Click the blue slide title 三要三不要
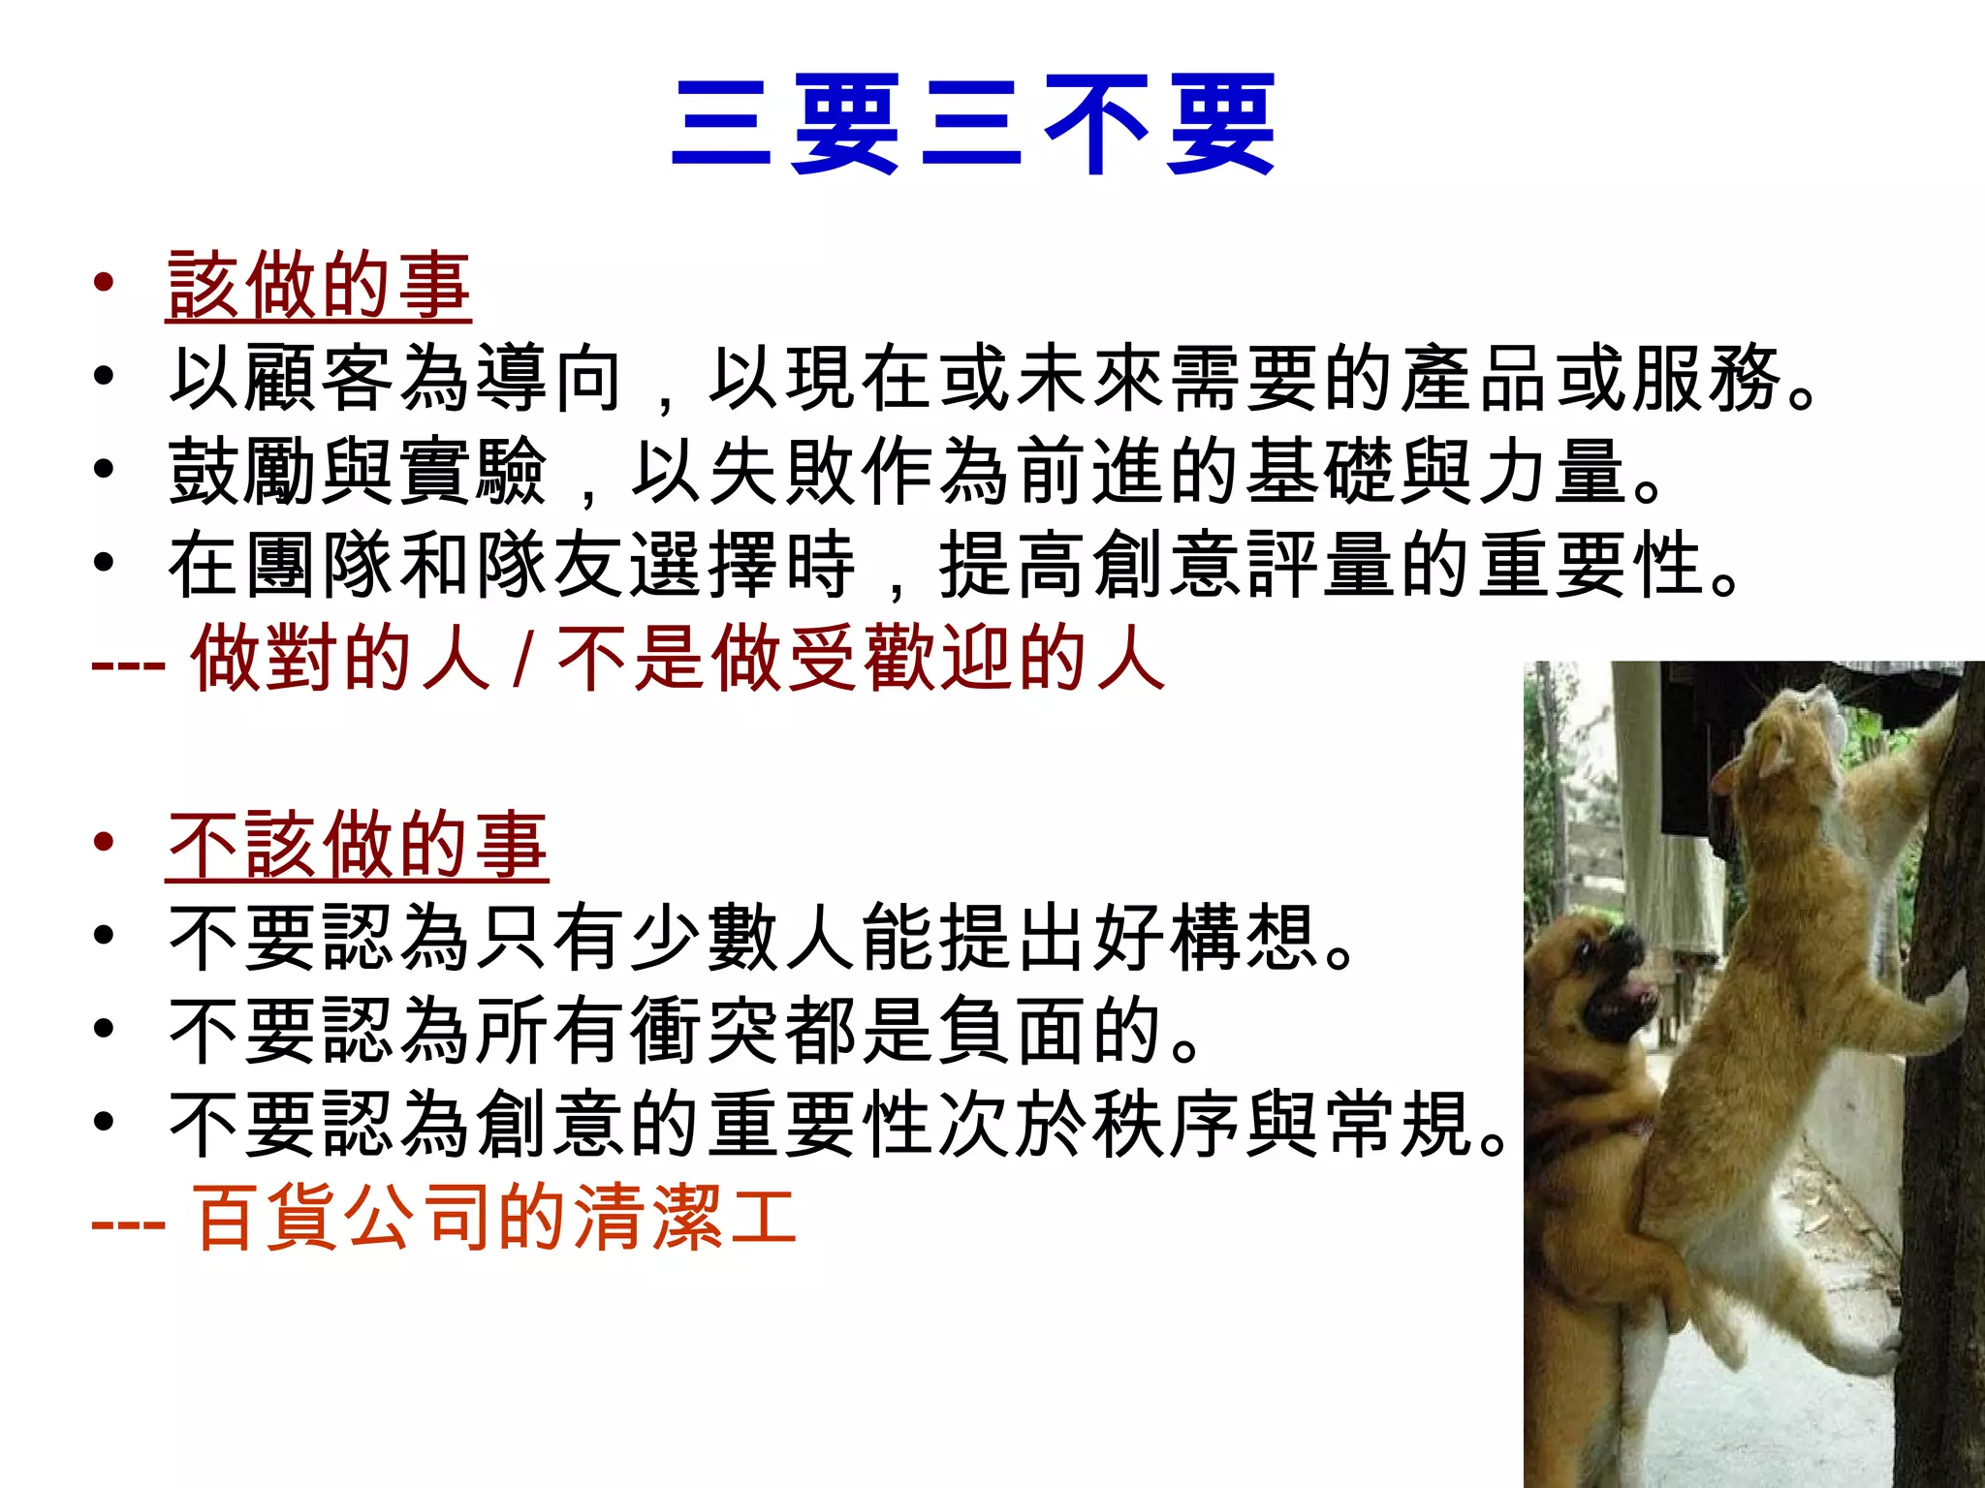click(973, 126)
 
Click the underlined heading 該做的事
click(318, 286)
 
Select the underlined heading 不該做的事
click(357, 846)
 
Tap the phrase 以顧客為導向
click(395, 379)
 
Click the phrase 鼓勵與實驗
click(357, 472)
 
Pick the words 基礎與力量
click(1434, 472)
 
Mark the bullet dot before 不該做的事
click(104, 843)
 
